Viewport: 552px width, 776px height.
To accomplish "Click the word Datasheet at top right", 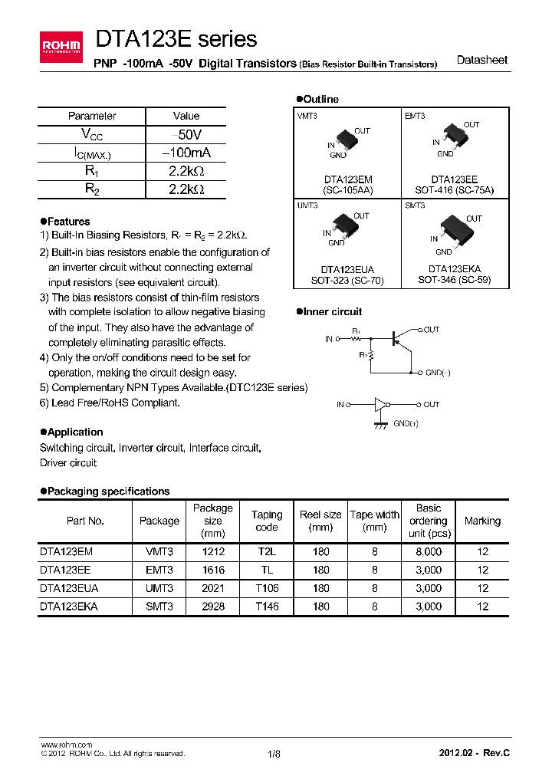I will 481,60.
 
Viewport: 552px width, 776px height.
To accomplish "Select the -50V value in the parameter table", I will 186,134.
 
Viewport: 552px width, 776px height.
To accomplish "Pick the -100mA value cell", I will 186,153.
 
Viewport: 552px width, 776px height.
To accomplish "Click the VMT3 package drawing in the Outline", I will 347,140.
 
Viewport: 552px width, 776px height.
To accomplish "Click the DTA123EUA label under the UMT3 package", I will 347,270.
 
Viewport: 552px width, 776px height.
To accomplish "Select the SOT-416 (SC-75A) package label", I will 455,189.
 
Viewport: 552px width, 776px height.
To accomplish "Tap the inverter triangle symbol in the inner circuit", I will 381,404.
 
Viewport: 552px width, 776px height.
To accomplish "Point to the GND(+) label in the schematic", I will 406,423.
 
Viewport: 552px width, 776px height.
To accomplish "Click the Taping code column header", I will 267,521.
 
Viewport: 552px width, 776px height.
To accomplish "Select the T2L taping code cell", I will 267,551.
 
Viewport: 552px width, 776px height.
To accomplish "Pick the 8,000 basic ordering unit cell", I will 428,551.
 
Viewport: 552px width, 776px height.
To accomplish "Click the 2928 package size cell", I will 212,606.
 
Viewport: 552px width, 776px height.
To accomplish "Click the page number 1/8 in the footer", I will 274,754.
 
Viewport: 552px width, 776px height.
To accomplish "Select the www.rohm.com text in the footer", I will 66,745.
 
